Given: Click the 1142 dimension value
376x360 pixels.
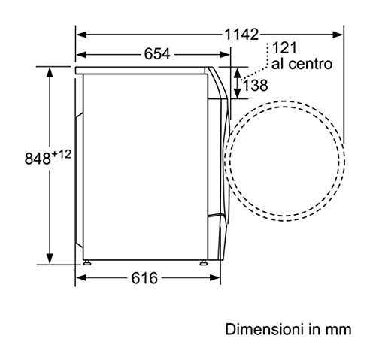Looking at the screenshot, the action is (x=241, y=35).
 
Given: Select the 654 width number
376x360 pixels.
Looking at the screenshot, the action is (x=157, y=54).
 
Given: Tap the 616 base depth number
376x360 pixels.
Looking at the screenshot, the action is (x=144, y=278).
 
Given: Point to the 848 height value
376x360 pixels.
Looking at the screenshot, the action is (x=38, y=159).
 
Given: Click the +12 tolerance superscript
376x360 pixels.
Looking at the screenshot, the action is (x=61, y=154).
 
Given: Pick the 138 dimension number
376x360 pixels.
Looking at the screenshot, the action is (x=256, y=86).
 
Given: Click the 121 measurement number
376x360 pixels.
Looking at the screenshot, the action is (x=284, y=47).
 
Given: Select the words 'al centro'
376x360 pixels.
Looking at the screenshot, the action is (x=302, y=64).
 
